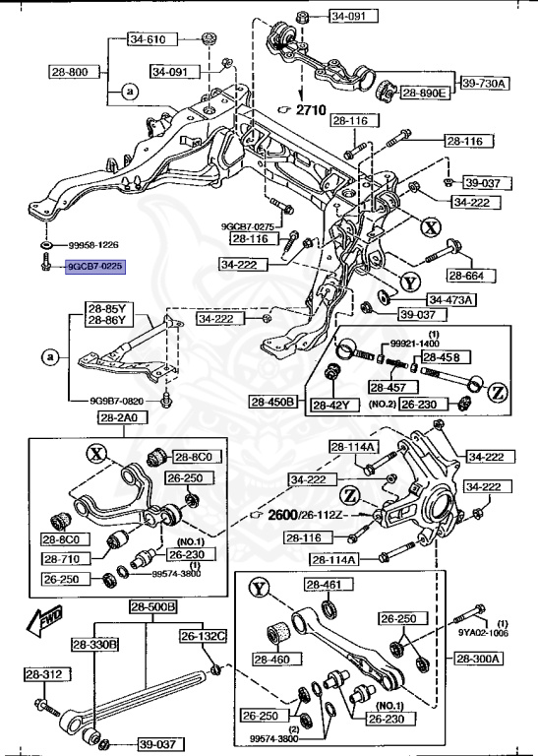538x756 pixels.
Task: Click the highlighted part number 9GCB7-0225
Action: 94,266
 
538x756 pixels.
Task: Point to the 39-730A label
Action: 483,84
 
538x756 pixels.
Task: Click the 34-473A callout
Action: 449,299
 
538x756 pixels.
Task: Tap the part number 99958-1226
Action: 93,245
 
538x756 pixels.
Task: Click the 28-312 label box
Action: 46,674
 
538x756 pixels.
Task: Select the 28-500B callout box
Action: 152,607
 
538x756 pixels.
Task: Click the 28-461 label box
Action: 323,585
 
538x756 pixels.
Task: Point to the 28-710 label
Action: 62,558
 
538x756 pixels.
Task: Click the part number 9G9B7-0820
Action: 111,402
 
